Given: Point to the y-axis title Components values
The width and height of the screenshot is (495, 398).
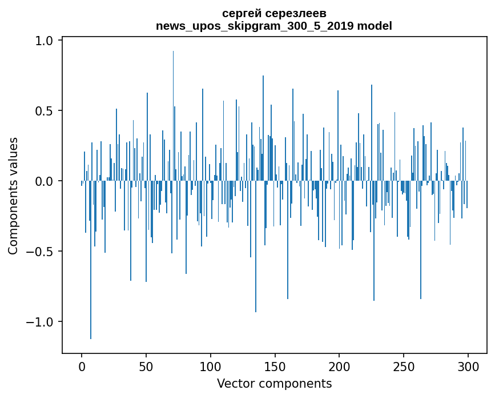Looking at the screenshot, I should pos(13,196).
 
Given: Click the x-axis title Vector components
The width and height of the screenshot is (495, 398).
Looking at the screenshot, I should pos(274,383).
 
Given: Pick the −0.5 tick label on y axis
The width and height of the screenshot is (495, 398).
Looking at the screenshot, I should pos(40,252).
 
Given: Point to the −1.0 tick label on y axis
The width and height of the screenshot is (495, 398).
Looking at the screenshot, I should pos(40,322).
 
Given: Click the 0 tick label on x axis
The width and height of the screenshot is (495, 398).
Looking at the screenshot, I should pos(82,366).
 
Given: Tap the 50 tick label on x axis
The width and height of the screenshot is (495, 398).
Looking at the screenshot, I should pos(146,366).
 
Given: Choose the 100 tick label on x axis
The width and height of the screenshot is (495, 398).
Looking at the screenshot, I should pos(211,366).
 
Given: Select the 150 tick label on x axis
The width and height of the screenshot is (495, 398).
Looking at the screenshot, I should pos(275,366).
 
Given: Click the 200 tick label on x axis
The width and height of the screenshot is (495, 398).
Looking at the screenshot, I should pos(339,366).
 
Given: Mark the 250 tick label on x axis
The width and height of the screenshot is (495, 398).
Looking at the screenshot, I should pos(404,366).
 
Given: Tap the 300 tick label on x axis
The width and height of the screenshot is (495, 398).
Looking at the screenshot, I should pos(468,366).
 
